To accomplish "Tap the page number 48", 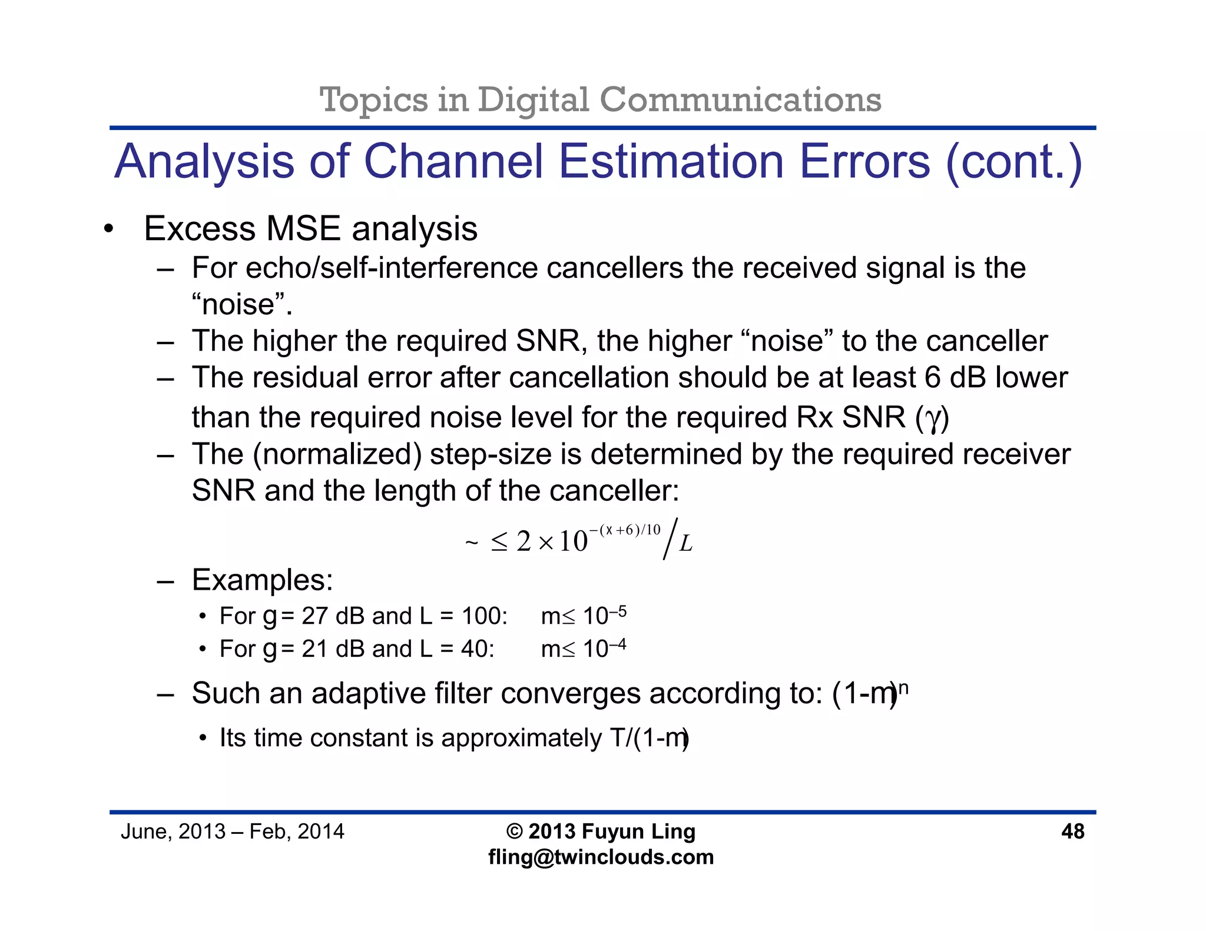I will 1072,831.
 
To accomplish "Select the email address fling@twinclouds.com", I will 601,857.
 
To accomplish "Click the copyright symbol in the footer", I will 514,831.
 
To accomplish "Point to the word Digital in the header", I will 533,99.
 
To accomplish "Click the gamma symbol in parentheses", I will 932,418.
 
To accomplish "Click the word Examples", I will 262,580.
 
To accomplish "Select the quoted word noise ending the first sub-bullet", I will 241,304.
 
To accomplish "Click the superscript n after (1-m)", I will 904,687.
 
